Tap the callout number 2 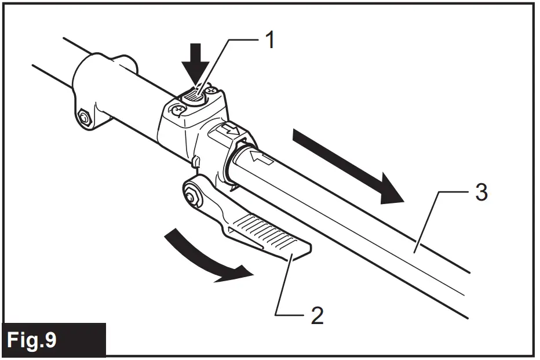316,317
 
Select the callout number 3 481,192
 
